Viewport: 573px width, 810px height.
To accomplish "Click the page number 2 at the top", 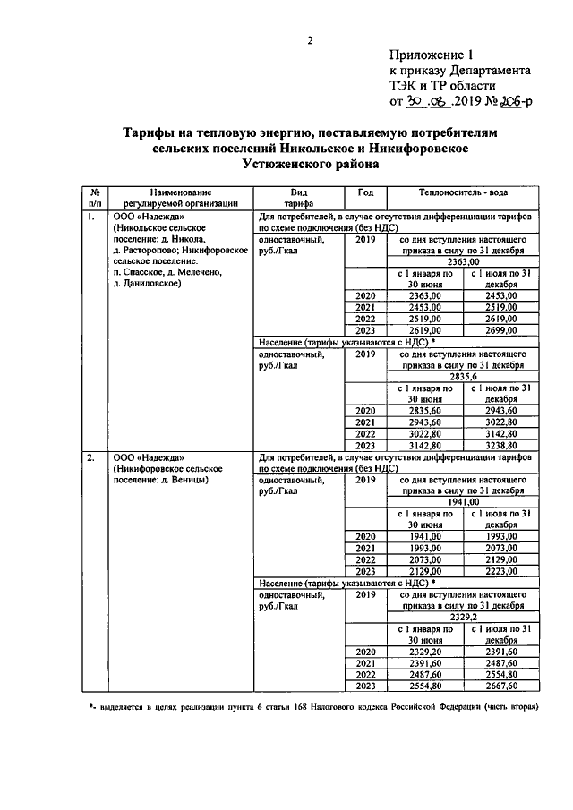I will [311, 39].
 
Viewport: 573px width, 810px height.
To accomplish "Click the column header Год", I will [365, 192].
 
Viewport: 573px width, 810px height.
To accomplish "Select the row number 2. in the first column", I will [92, 457].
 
